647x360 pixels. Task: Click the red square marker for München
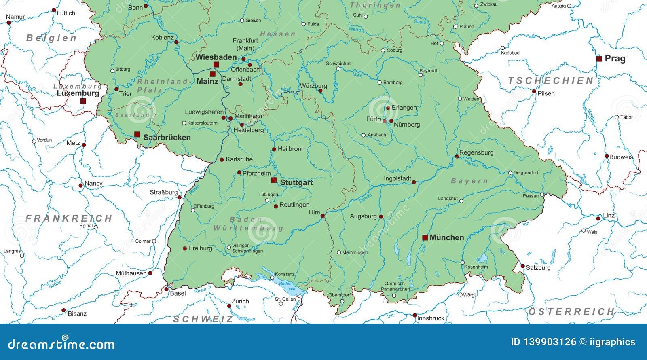[x=425, y=237]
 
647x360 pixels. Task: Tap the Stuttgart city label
[x=296, y=183]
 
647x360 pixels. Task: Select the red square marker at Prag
[x=599, y=59]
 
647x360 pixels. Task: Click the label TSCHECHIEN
[x=550, y=80]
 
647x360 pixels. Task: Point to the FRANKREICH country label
[x=69, y=218]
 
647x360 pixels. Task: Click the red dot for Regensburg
[x=457, y=156]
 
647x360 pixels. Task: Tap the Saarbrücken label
[x=167, y=138]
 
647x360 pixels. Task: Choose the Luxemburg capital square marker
[x=83, y=101]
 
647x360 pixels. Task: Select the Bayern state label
[x=469, y=181]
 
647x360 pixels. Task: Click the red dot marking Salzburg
[x=522, y=266]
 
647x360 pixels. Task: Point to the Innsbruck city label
[x=431, y=318]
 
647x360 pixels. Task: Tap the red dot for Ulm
[x=323, y=216]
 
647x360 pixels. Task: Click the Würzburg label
[x=313, y=86]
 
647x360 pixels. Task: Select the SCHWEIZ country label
[x=203, y=319]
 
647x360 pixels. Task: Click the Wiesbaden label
[x=216, y=57]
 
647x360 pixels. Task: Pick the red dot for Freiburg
[x=185, y=248]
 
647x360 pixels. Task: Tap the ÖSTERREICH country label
[x=571, y=311]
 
